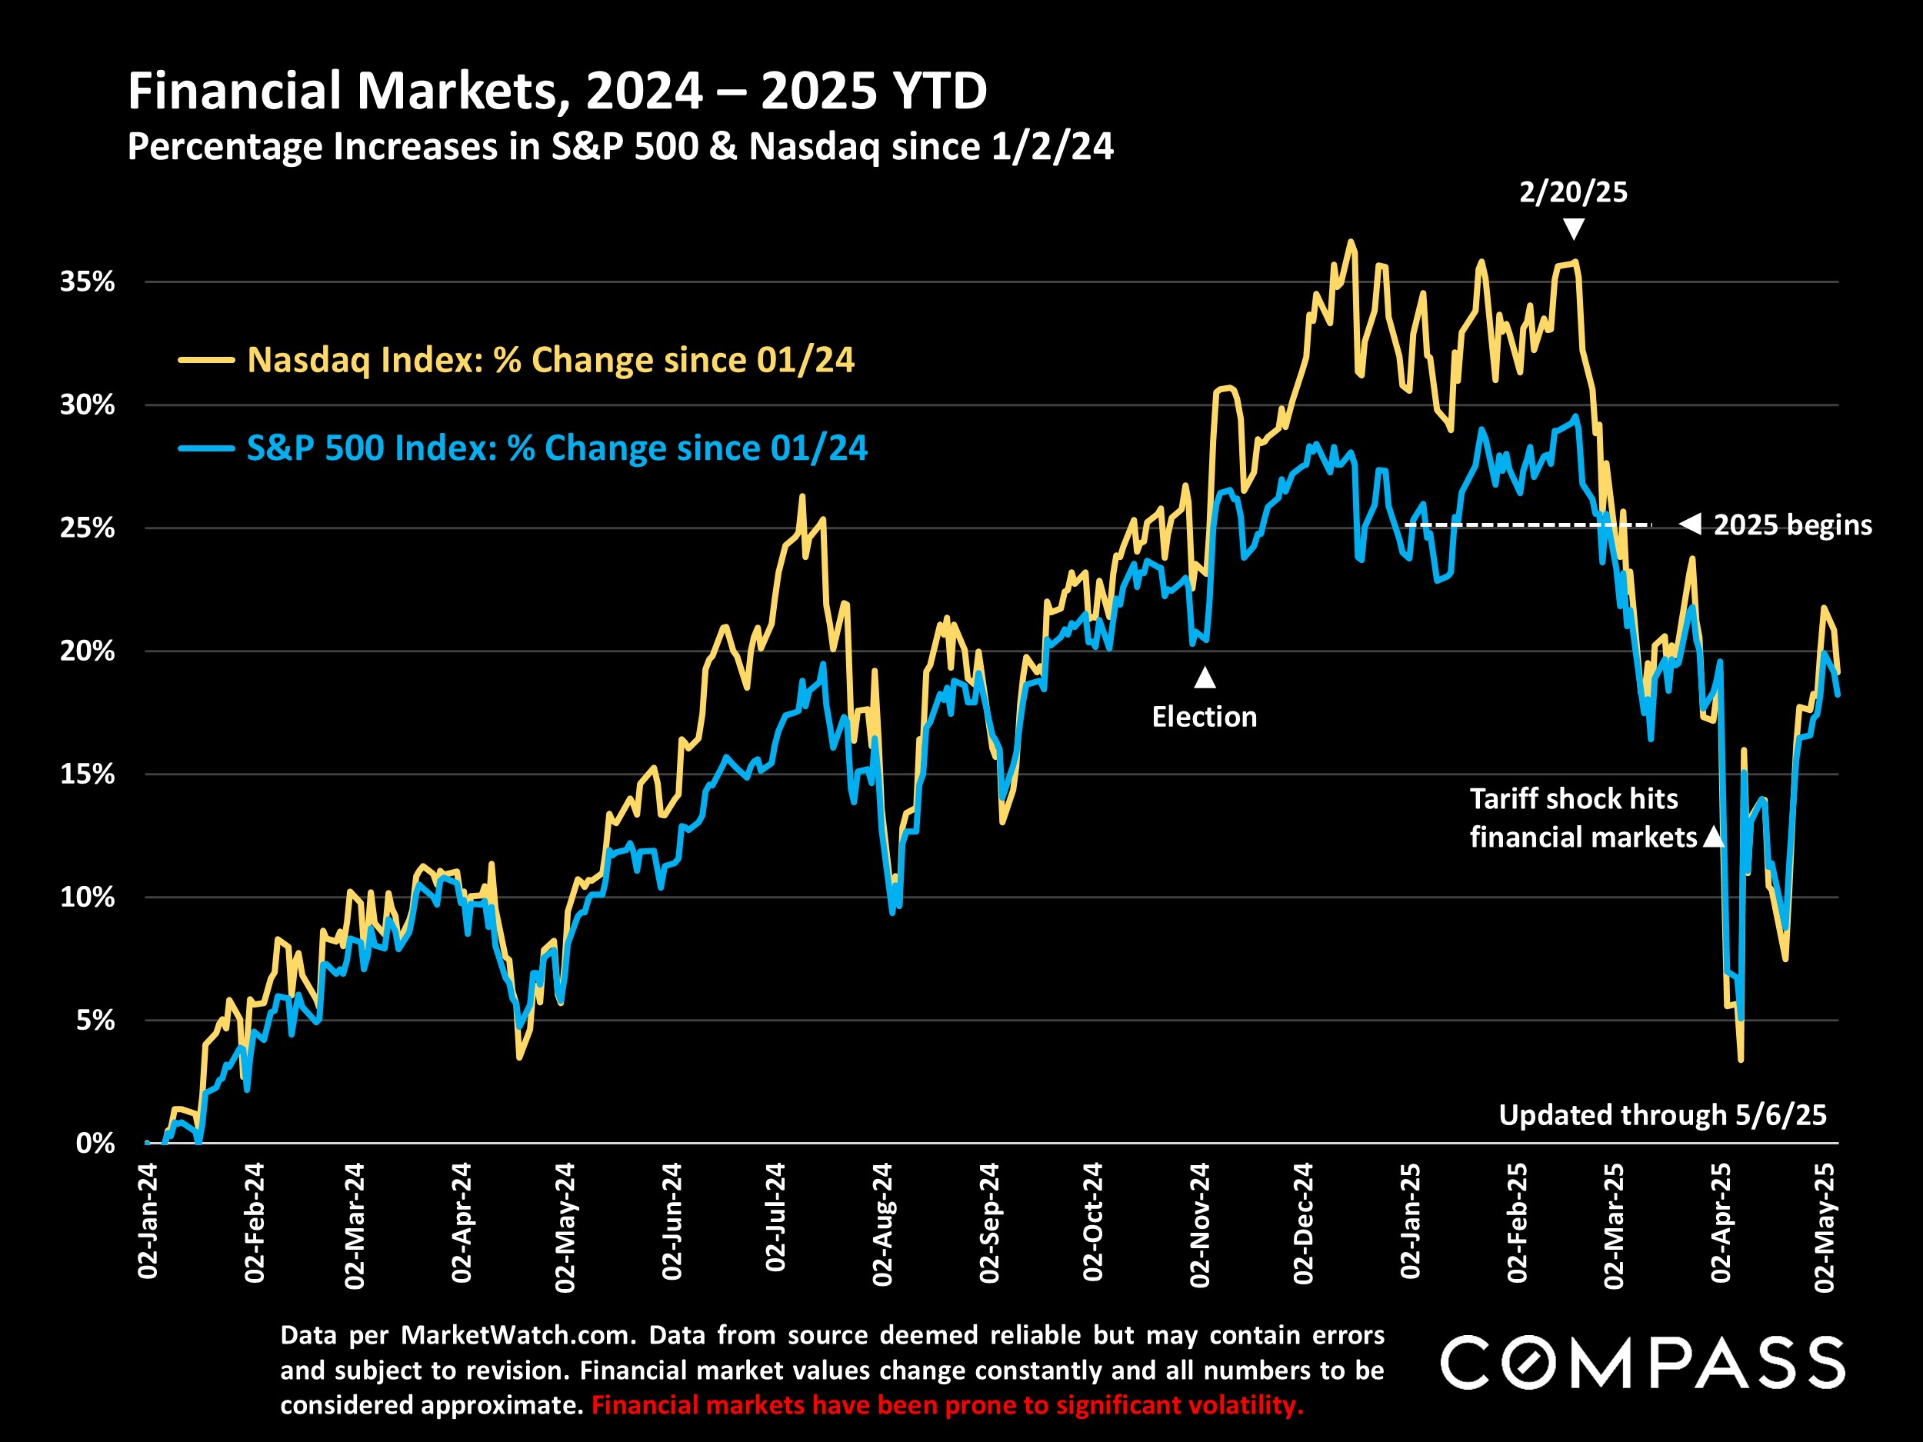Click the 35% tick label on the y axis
[87, 281]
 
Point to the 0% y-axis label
[95, 1143]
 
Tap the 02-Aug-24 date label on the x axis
[882, 1224]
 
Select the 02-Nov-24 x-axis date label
[1200, 1224]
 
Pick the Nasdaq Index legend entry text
[550, 360]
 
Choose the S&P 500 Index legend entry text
[556, 448]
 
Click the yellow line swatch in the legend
[206, 360]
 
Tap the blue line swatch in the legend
[206, 448]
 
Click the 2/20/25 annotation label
[1573, 192]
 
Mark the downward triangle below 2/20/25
[1574, 228]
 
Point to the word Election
[1204, 717]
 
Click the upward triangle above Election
[1205, 677]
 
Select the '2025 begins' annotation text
[1791, 525]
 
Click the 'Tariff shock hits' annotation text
[1574, 799]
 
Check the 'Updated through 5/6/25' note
[1662, 1115]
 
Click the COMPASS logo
[1642, 1363]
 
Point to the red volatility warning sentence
[947, 1406]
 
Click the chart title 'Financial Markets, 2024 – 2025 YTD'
[557, 91]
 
